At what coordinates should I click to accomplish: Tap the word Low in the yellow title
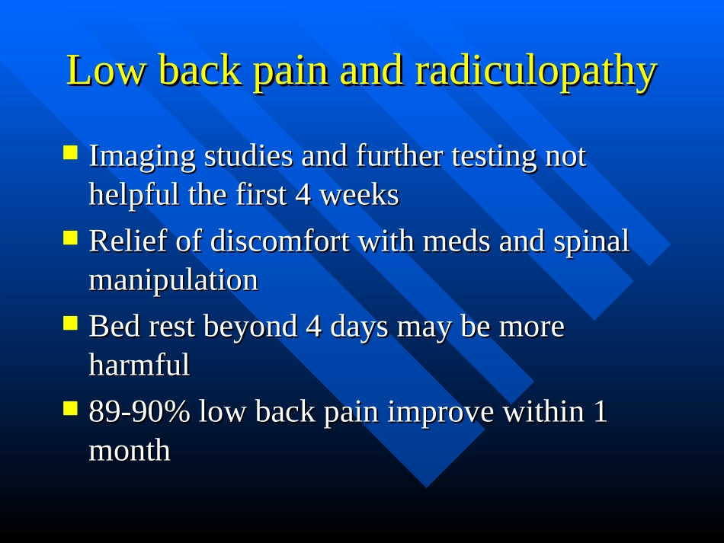pos(106,70)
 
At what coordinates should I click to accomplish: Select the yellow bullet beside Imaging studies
pos(70,153)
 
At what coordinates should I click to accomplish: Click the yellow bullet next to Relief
pos(70,238)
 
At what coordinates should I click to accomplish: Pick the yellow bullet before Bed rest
pos(70,323)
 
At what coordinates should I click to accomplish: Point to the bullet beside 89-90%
pos(70,408)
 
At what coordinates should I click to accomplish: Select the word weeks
pos(359,195)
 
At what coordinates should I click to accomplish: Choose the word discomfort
pos(280,241)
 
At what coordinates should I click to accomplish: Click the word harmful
pos(139,365)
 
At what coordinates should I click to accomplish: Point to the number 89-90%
pos(139,411)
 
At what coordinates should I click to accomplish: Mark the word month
pos(130,450)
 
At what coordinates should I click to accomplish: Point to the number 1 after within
pos(600,411)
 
